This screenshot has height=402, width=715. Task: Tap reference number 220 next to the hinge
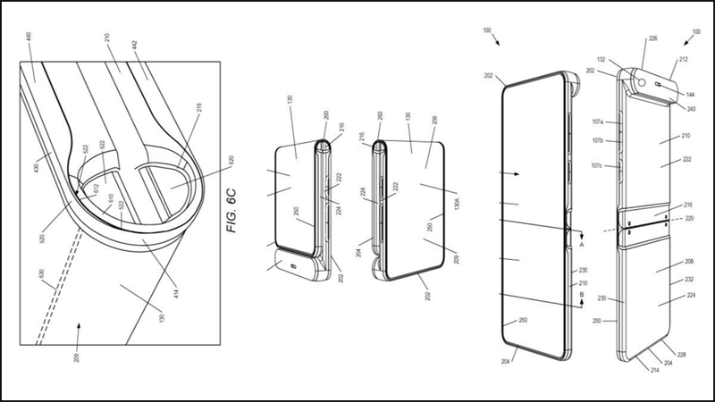689,217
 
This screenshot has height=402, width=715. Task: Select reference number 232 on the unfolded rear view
688,280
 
